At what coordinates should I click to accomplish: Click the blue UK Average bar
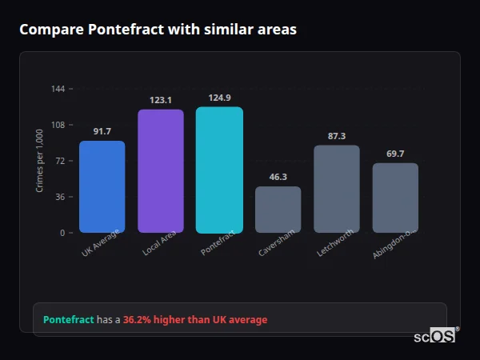click(x=102, y=186)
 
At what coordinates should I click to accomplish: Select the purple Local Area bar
click(x=161, y=170)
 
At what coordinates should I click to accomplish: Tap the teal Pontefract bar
click(x=219, y=170)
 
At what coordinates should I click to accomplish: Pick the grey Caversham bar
click(x=278, y=210)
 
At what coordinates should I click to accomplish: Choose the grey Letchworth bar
click(x=337, y=189)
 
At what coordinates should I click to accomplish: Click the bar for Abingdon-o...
click(x=395, y=198)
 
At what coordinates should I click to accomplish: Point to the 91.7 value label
click(x=102, y=131)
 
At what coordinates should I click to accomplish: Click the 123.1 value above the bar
click(x=161, y=100)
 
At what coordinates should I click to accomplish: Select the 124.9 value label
click(x=219, y=98)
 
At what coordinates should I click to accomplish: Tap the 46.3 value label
click(x=278, y=177)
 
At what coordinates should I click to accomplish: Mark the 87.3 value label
click(x=337, y=136)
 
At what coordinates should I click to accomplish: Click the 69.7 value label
click(x=395, y=154)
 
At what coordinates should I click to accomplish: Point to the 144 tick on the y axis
click(x=58, y=89)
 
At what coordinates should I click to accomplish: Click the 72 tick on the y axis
click(x=60, y=161)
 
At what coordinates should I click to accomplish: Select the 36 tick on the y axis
click(x=60, y=197)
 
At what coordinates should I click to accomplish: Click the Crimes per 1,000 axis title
click(x=39, y=161)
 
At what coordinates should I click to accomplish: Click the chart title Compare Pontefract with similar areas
click(x=158, y=30)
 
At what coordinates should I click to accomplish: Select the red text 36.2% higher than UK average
click(x=195, y=320)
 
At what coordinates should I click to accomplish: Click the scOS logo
click(x=434, y=336)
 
